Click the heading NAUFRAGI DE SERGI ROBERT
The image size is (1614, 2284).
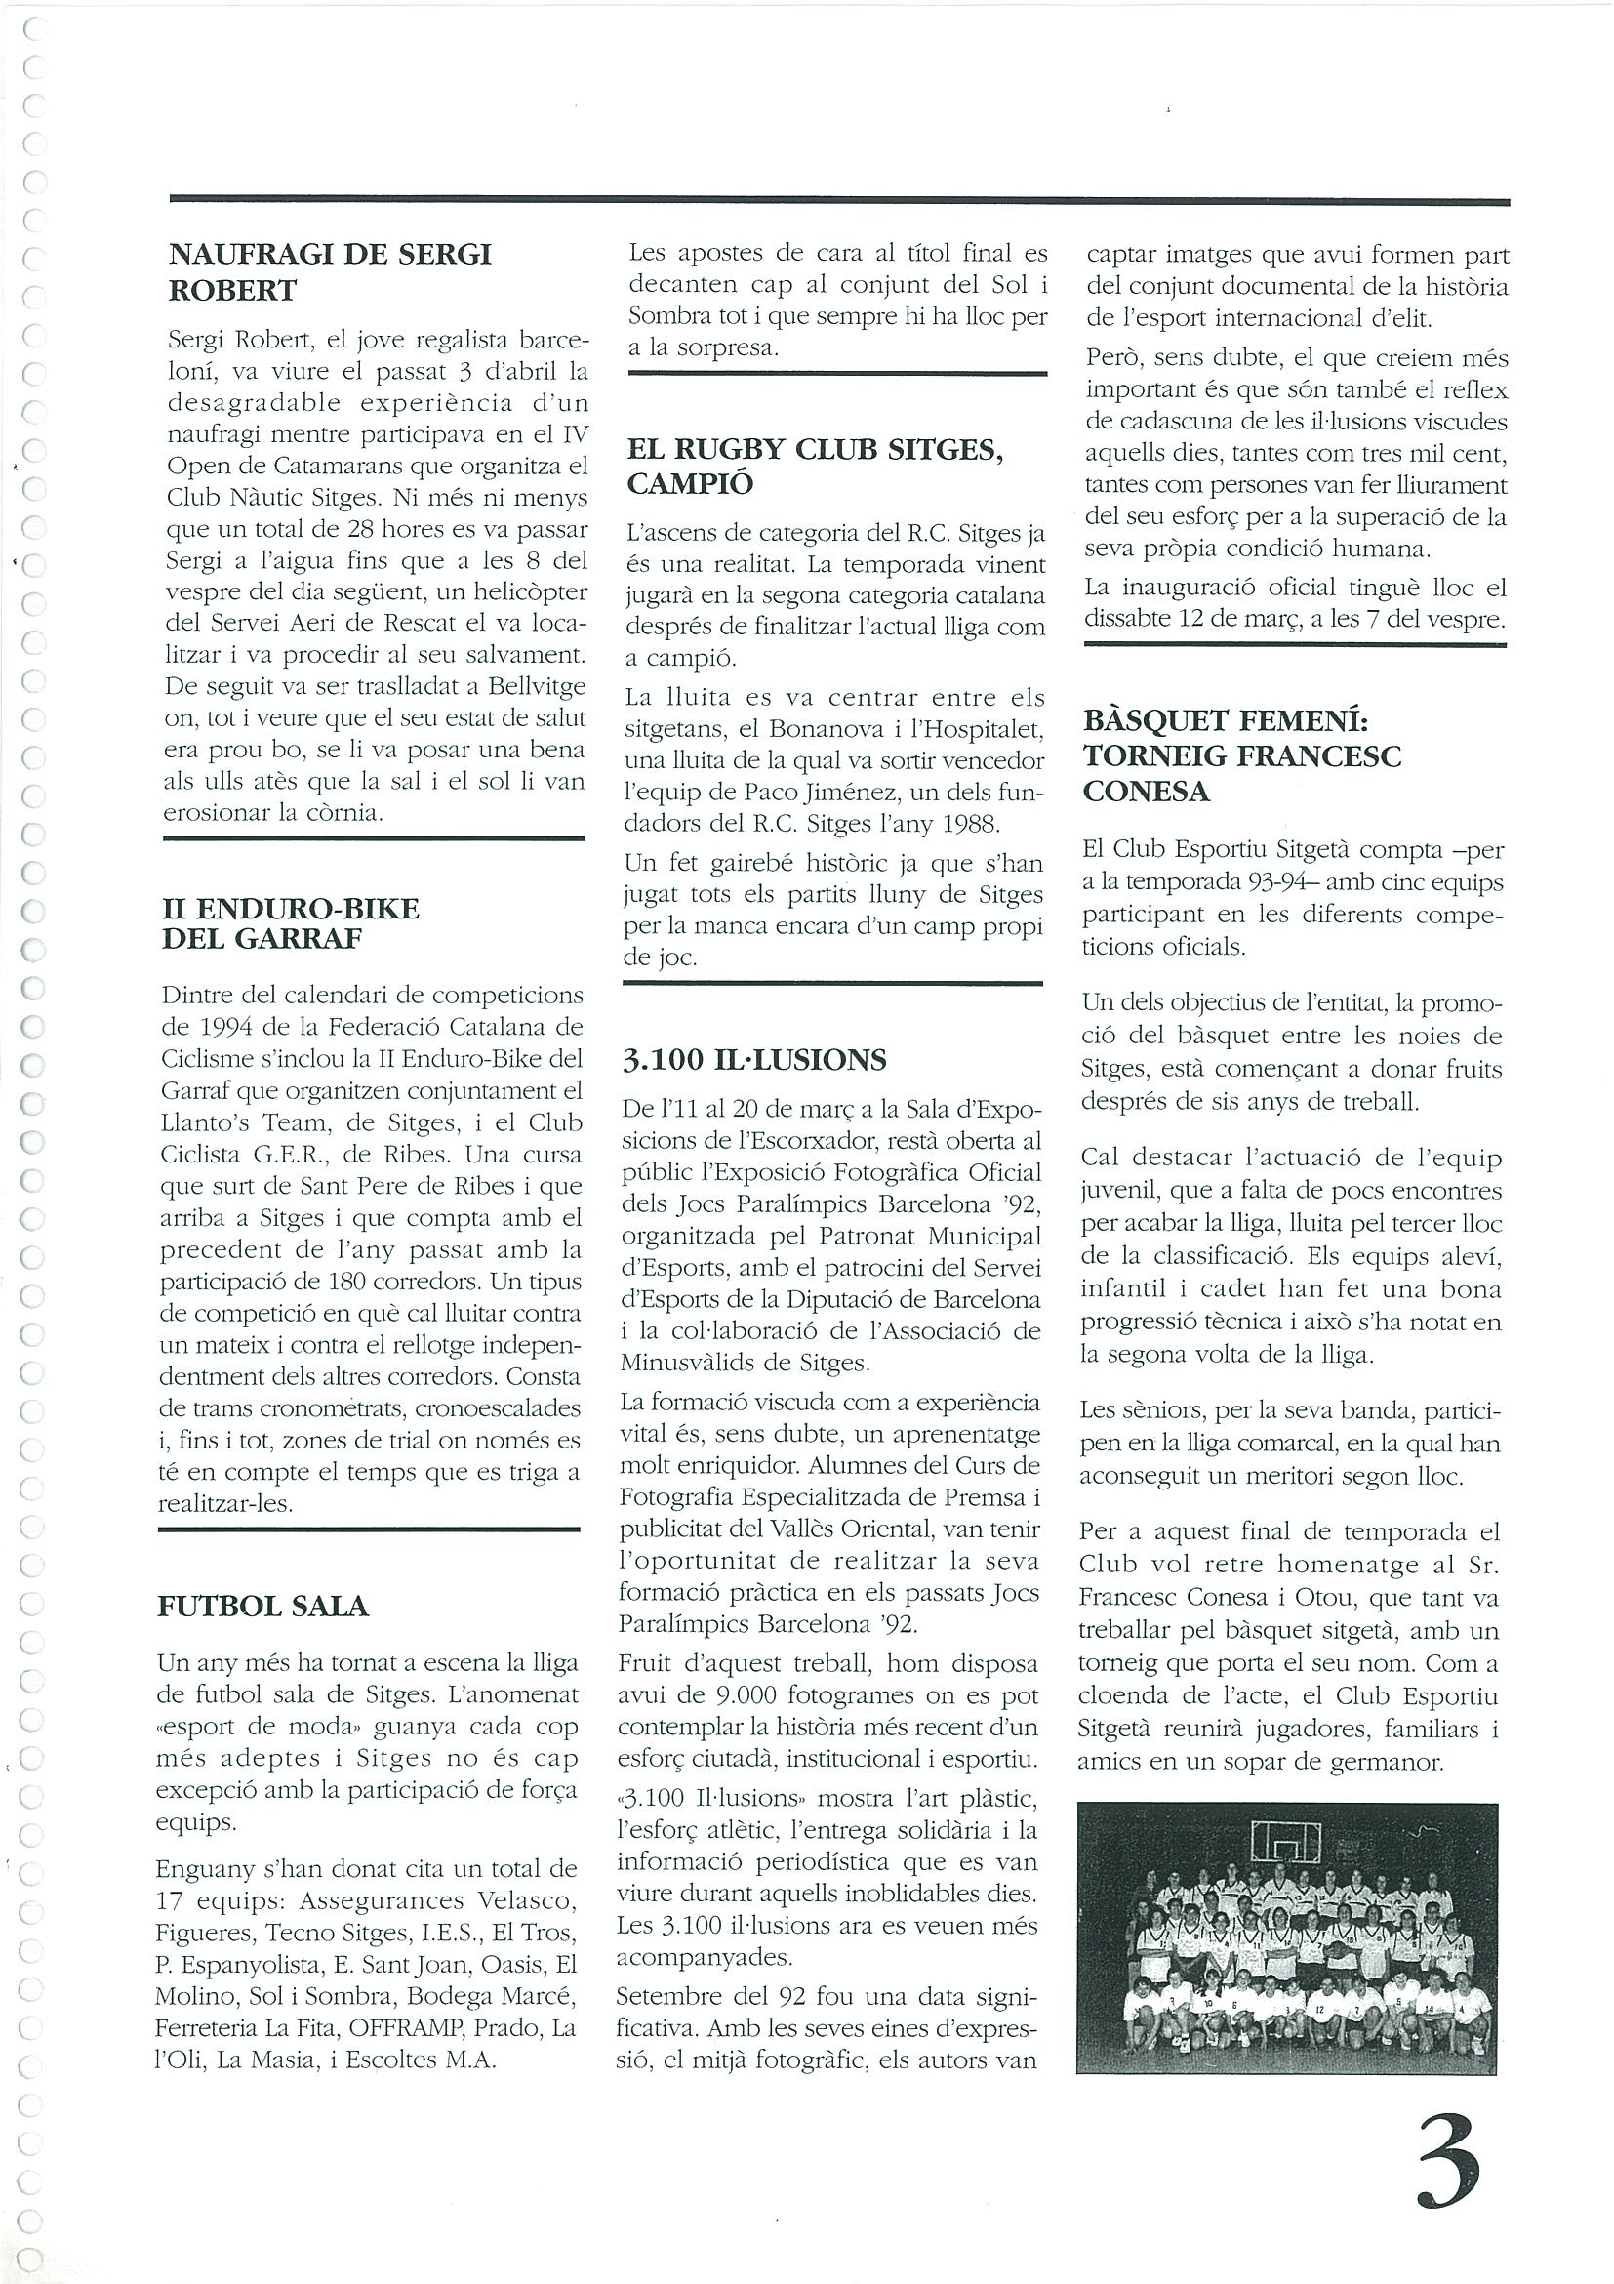[330, 271]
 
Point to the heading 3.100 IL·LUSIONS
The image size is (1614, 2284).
[753, 1060]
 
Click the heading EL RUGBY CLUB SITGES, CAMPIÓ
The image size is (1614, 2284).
[816, 466]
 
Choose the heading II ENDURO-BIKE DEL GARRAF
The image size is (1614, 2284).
[291, 923]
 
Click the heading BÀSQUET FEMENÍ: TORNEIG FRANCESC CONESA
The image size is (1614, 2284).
[1242, 756]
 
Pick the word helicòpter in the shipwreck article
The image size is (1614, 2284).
[531, 591]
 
